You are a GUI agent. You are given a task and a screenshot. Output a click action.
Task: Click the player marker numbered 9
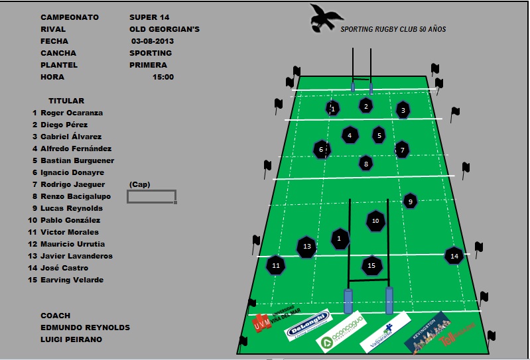411,201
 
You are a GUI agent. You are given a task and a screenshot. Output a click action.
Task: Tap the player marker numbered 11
276,265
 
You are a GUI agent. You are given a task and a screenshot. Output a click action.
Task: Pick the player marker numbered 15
371,265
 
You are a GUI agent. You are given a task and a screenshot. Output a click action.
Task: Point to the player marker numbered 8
365,162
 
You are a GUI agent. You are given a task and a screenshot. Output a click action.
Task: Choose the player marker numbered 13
306,246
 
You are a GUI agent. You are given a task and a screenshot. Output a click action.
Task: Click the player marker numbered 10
375,221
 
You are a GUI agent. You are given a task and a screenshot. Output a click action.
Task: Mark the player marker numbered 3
402,110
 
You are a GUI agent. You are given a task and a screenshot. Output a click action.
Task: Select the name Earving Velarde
72,280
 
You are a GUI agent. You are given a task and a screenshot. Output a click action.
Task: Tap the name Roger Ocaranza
72,113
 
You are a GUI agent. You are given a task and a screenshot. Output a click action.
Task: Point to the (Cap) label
139,184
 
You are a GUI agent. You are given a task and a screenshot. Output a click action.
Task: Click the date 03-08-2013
157,41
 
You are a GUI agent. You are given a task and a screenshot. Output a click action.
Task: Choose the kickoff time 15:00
163,77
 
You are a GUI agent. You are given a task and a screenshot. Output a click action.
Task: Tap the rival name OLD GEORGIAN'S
165,29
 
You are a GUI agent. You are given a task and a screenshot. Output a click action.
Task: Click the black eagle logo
326,18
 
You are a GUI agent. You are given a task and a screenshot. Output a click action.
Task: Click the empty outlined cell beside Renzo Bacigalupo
151,196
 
